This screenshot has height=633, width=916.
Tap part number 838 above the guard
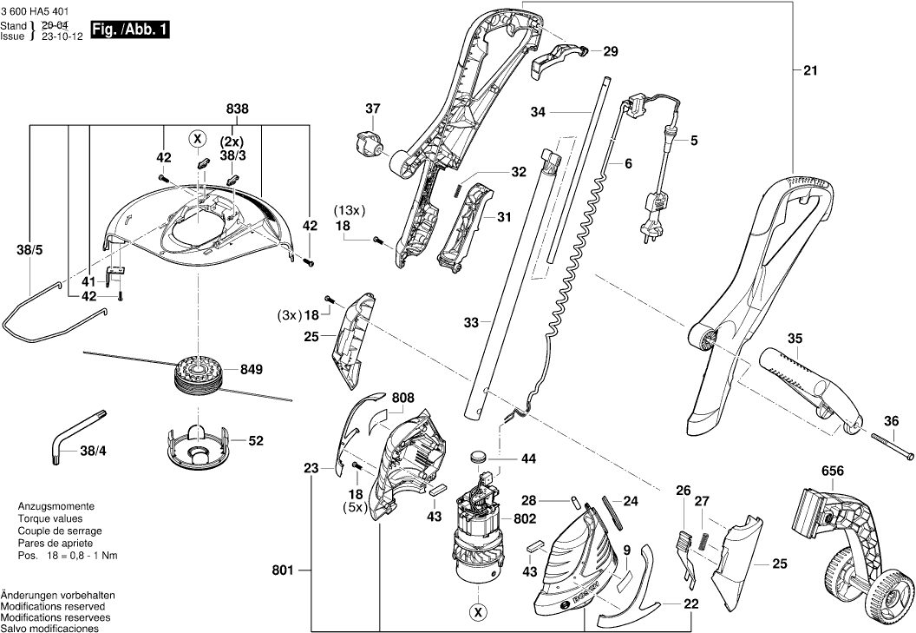(x=237, y=109)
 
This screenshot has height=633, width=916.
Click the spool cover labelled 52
(x=195, y=442)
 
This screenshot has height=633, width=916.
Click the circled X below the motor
(x=477, y=613)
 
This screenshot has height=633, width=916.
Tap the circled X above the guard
(x=198, y=138)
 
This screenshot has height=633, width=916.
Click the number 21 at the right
(x=810, y=71)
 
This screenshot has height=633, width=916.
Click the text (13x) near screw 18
(x=350, y=210)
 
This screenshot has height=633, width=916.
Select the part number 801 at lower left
(x=282, y=570)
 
